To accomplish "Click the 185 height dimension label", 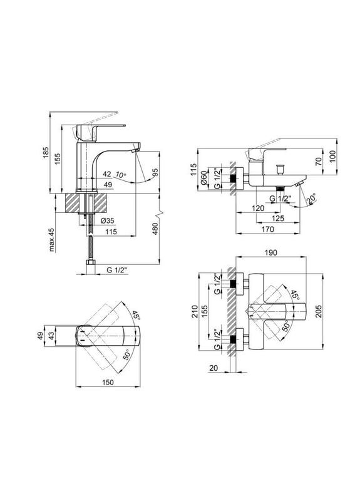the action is point(46,153).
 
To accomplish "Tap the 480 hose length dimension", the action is point(155,229).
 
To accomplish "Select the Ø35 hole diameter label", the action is point(107,221).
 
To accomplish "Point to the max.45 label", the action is point(52,240).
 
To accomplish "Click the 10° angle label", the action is point(121,175).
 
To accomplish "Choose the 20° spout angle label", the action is point(311,199).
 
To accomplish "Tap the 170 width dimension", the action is point(268,229).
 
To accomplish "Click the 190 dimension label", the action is point(270,253).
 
